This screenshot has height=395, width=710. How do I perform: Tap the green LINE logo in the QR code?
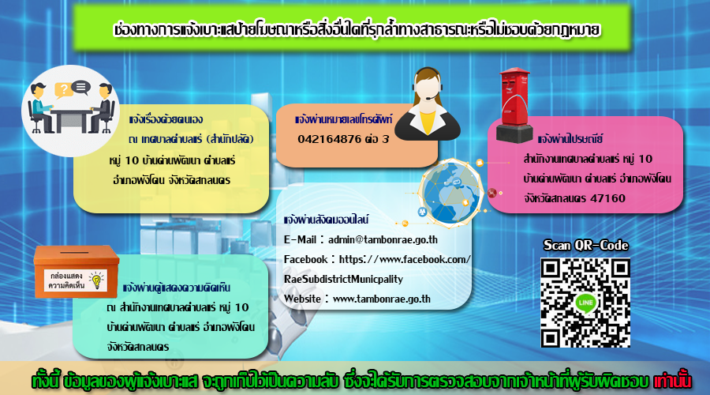[585, 303]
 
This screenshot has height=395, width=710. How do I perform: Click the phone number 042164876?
[329, 139]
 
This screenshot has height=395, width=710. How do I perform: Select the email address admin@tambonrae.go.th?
[383, 239]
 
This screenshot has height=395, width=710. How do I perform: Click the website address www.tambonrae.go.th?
[381, 299]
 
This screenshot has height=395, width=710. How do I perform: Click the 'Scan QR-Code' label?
[585, 246]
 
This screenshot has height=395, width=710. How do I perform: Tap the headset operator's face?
[427, 90]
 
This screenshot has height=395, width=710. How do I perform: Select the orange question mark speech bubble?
[63, 90]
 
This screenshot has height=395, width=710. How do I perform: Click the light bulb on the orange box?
[96, 280]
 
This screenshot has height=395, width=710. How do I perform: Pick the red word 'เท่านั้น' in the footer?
[672, 381]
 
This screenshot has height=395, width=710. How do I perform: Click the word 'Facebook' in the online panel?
[305, 259]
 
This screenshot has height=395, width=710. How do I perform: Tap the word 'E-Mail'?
[300, 239]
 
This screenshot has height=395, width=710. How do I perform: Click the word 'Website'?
[302, 299]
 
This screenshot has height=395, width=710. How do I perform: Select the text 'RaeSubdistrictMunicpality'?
[343, 279]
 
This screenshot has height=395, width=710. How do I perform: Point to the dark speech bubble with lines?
[81, 87]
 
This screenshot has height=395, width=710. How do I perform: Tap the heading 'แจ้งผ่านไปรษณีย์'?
[570, 139]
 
